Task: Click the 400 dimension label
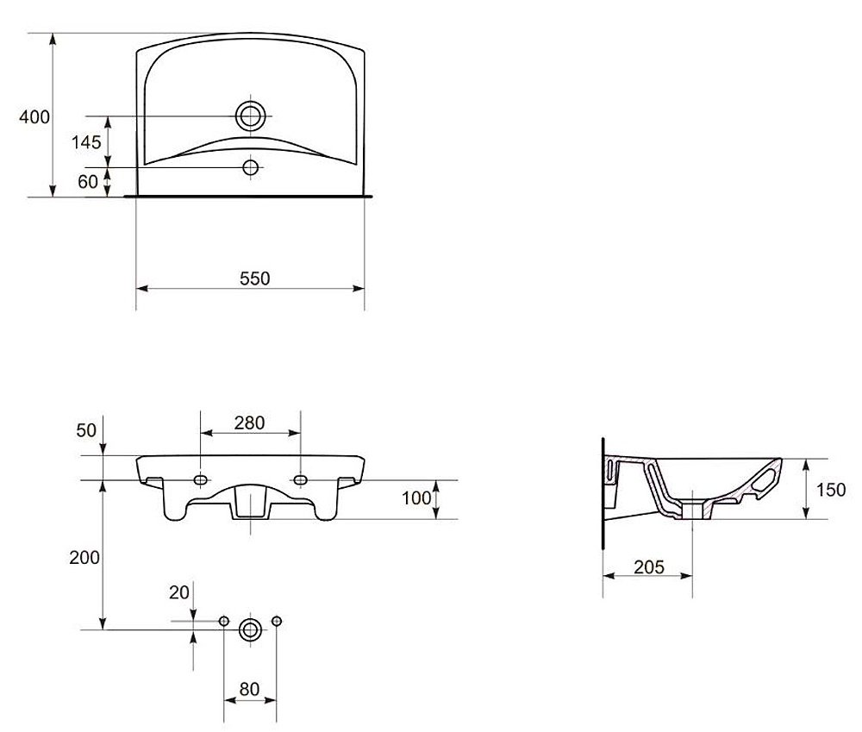coord(34,117)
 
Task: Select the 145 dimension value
coord(86,142)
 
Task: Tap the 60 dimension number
coord(88,181)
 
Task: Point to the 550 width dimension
coord(255,278)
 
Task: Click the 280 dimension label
coord(250,422)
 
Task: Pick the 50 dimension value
coord(86,430)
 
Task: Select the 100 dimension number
coord(416,497)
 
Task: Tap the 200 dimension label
coord(84,558)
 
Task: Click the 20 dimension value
coord(179,592)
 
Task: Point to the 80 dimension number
coord(250,689)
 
